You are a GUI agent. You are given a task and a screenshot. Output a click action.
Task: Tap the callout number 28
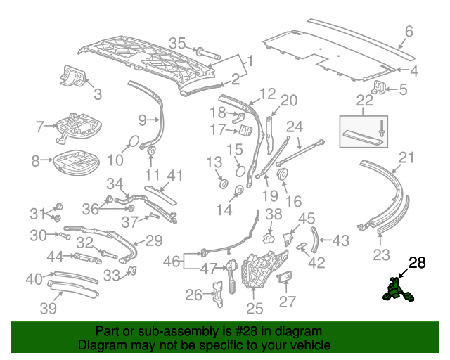417,263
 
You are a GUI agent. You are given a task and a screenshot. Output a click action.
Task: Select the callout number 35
176,43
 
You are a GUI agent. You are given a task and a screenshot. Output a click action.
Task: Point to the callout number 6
409,31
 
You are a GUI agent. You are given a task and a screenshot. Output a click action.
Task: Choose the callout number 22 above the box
364,101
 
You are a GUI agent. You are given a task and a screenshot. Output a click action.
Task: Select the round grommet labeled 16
283,174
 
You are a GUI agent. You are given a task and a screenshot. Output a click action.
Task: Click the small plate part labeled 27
285,279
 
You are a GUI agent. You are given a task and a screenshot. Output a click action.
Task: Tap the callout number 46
172,262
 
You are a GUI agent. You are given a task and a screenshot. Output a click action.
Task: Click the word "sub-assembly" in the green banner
159,331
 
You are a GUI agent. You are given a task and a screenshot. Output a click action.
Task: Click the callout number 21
407,157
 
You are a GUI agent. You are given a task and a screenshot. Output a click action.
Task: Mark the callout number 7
39,127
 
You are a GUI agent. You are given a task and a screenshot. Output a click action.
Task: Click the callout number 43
340,240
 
